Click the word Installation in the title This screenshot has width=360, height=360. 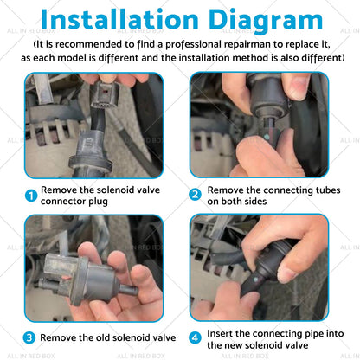[x=119, y=19]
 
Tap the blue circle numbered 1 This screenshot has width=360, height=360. [x=31, y=196]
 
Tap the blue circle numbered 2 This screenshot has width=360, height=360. [x=196, y=195]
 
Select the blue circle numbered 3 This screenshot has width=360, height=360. [x=29, y=337]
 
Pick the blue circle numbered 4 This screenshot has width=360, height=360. [x=196, y=337]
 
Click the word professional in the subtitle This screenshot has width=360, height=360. [x=194, y=45]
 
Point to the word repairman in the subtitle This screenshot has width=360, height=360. [x=247, y=45]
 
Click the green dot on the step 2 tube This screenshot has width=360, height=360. [x=267, y=135]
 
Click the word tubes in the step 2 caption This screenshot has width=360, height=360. [x=327, y=190]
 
